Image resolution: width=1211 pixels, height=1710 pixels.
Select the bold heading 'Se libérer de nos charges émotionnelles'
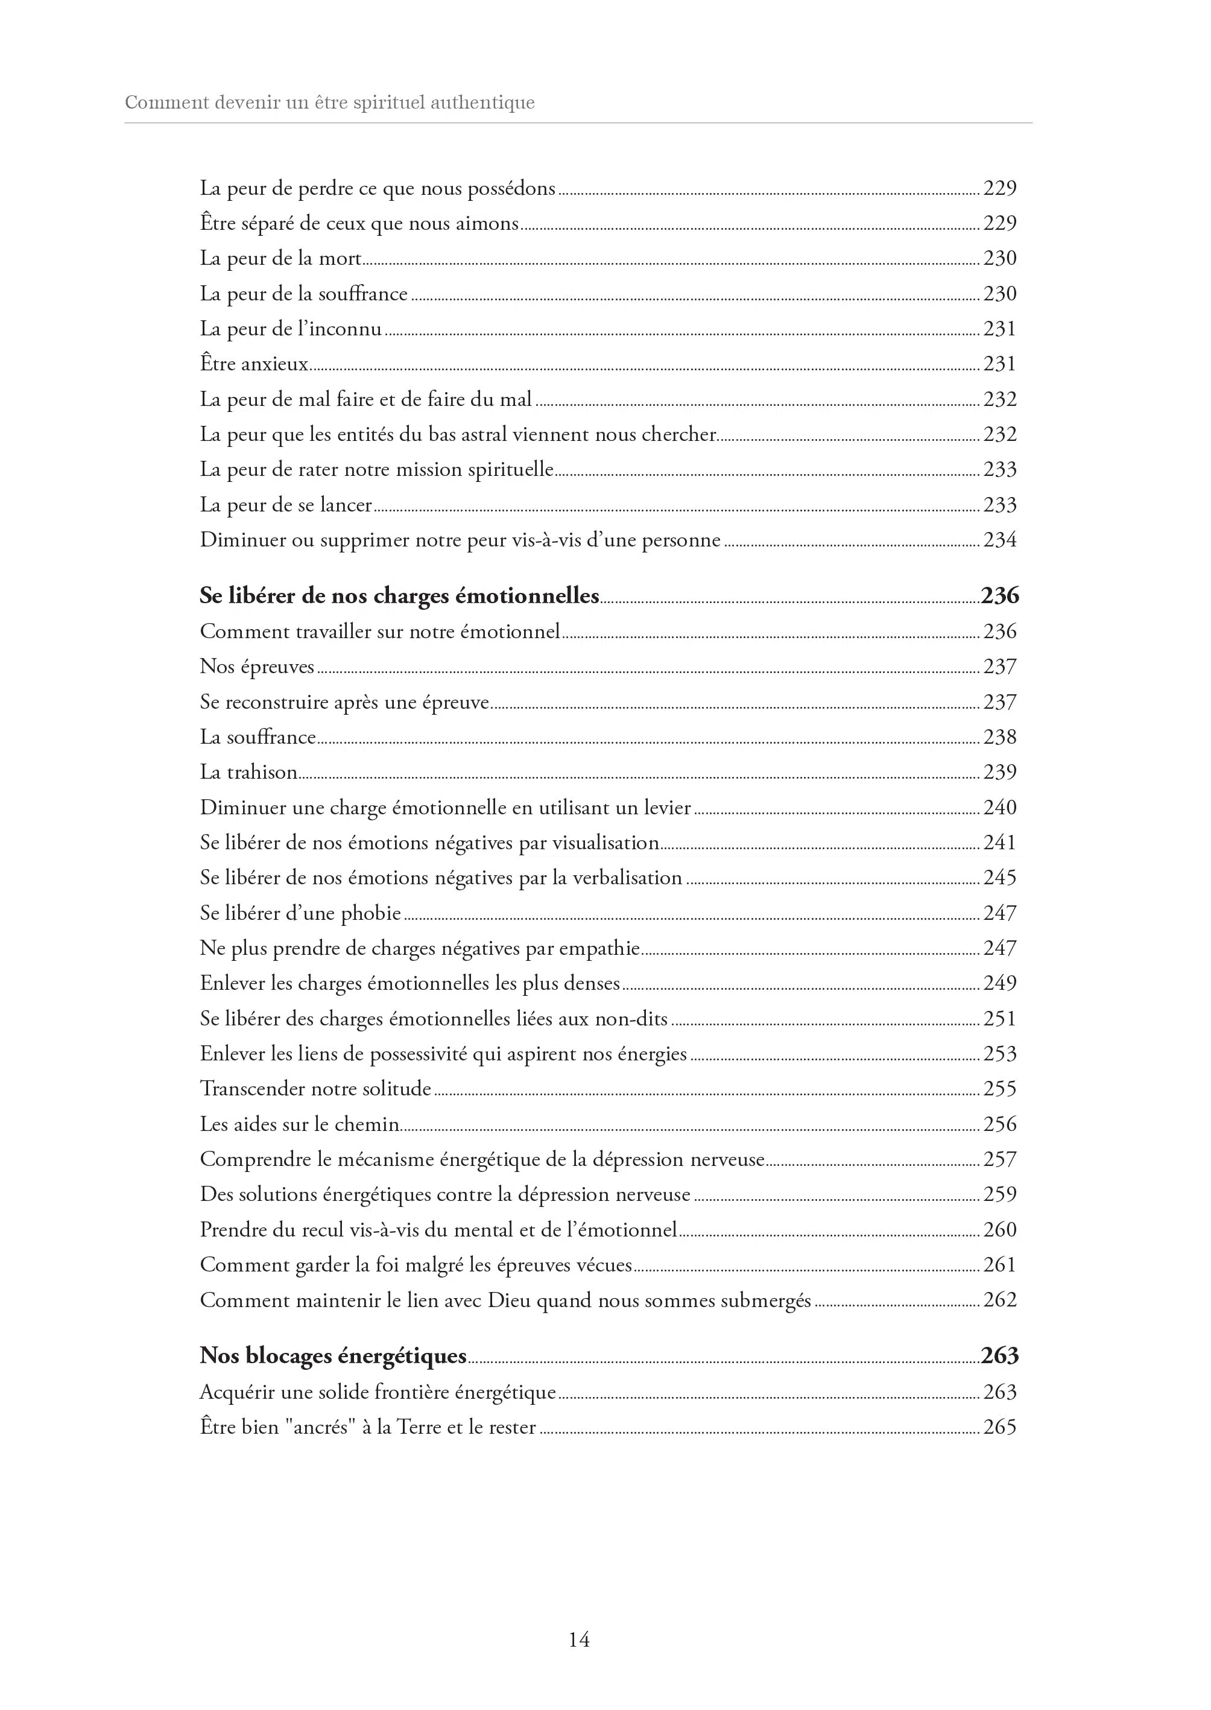click(x=399, y=596)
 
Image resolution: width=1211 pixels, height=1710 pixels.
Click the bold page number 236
click(x=999, y=596)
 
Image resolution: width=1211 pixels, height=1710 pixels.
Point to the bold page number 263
click(x=999, y=1356)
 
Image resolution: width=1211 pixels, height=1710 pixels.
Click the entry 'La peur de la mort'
click(x=280, y=259)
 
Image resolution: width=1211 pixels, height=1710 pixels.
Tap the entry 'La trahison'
click(x=248, y=773)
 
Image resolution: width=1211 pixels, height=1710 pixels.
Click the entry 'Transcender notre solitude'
click(x=315, y=1089)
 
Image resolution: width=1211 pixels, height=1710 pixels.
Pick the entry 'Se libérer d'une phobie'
click(x=300, y=914)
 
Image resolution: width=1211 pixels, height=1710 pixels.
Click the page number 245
click(x=999, y=878)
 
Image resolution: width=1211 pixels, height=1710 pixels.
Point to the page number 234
click(x=999, y=540)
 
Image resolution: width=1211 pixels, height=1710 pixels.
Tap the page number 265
click(x=999, y=1427)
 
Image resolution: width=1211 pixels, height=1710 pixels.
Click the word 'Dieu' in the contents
click(x=509, y=1300)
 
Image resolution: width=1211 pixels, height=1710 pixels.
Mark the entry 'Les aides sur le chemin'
click(x=299, y=1124)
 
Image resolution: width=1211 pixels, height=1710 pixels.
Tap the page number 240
click(x=999, y=808)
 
